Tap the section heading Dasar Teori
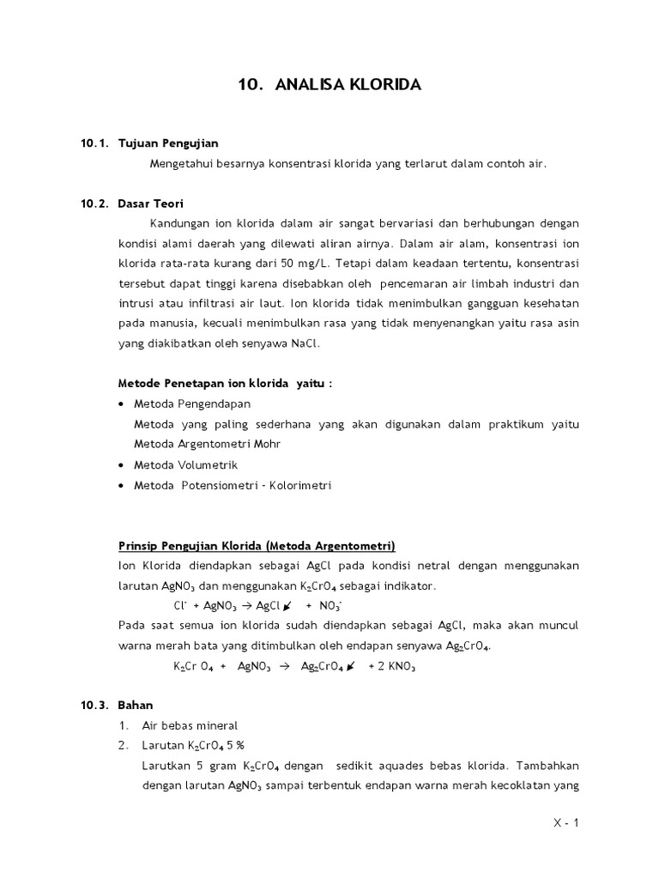coord(151,203)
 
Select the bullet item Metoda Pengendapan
coord(192,403)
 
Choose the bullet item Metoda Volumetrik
coord(185,464)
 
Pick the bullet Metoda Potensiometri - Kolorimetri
coord(232,485)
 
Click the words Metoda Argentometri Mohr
coord(207,444)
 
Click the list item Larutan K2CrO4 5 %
coord(193,745)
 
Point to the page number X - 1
coord(566,823)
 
